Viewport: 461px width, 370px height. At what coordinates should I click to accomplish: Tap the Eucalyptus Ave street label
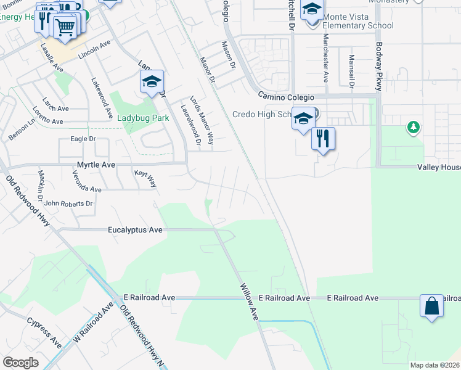[x=135, y=229]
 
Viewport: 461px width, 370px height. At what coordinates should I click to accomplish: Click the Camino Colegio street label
[x=286, y=98]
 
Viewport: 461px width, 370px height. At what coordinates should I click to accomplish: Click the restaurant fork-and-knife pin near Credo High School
[x=322, y=138]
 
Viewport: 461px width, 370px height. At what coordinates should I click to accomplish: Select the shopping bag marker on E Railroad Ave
[x=431, y=306]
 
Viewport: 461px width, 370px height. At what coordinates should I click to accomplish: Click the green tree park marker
[x=413, y=128]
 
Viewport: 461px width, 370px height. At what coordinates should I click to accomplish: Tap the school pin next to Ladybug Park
[x=151, y=82]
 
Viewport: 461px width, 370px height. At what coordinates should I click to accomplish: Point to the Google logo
[x=20, y=362]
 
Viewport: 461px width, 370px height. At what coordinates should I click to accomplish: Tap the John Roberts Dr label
[x=68, y=203]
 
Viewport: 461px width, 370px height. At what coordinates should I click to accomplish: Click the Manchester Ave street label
[x=325, y=57]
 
